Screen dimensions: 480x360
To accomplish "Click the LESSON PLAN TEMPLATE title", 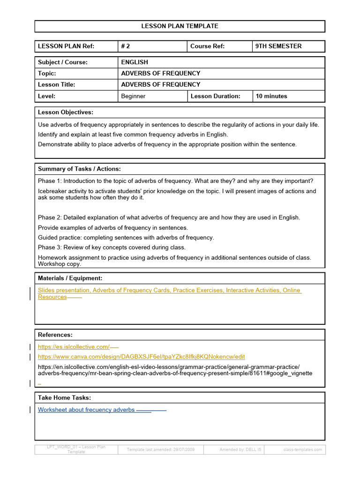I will point(180,26).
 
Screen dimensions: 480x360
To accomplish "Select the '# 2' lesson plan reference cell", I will point(125,46).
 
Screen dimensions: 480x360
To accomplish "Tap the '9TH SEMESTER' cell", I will point(278,46).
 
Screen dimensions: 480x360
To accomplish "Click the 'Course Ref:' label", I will point(207,46).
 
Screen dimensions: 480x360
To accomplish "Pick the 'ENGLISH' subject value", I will point(135,62).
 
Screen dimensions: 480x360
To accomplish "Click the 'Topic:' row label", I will point(47,73).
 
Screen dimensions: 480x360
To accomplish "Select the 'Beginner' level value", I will point(133,96).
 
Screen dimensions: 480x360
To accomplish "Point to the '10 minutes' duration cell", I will point(271,96).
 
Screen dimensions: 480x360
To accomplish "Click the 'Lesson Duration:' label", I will point(215,96).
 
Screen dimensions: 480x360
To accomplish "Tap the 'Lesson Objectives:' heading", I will point(66,112).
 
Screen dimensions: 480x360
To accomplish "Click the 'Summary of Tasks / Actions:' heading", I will point(79,169).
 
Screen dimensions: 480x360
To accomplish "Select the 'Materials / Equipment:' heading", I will point(70,278).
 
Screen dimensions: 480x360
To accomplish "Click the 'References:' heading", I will point(55,335).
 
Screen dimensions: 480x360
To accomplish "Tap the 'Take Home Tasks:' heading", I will point(64,397).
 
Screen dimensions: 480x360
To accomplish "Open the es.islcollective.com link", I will point(74,347).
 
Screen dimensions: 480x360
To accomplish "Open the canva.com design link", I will point(141,357).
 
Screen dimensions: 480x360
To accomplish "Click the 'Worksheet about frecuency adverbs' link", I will point(86,410).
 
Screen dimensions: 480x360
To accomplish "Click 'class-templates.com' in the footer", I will point(303,450).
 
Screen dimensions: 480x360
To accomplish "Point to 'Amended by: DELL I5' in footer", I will point(240,450).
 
